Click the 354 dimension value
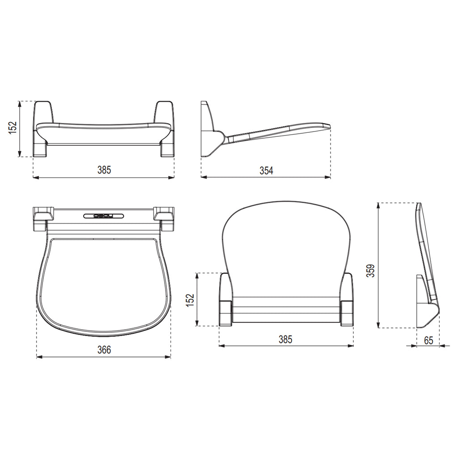pos(266,170)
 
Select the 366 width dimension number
pos(104,350)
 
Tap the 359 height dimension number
pos(370,270)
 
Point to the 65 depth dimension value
pos(428,340)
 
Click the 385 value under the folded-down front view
pos(104,170)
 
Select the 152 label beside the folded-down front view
pos(13,127)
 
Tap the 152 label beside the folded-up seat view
pos(191,299)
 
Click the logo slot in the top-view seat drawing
pos(104,216)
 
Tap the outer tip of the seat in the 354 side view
pos(328,126)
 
